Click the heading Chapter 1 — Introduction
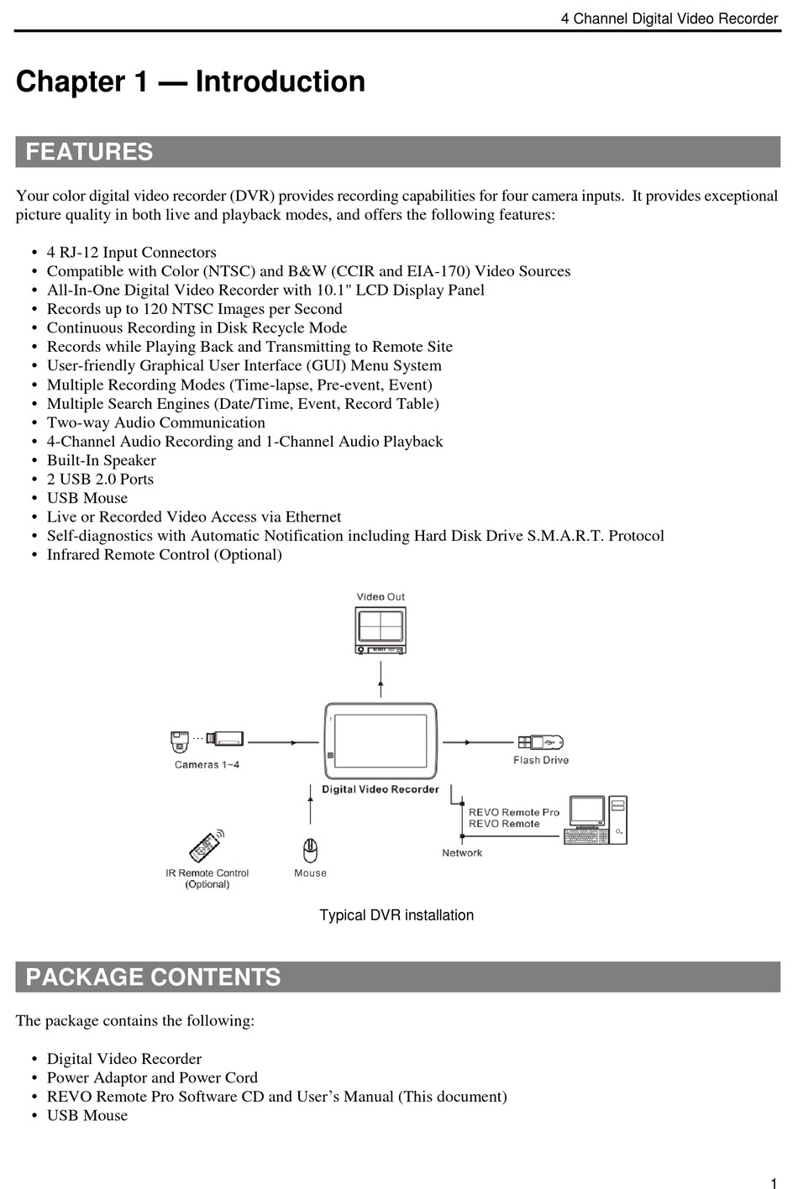click(191, 81)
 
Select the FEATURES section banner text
click(89, 152)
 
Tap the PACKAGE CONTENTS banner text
click(153, 977)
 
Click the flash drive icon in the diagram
click(540, 742)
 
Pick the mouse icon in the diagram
click(310, 851)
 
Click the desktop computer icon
click(596, 820)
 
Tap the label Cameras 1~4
click(207, 765)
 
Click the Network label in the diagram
click(462, 853)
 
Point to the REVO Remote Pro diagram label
click(513, 812)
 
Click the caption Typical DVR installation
click(396, 915)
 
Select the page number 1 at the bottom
click(773, 1183)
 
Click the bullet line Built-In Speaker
click(101, 460)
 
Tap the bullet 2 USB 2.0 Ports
click(100, 479)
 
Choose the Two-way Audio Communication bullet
click(155, 422)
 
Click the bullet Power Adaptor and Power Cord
click(152, 1077)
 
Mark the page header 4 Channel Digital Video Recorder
click(669, 18)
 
